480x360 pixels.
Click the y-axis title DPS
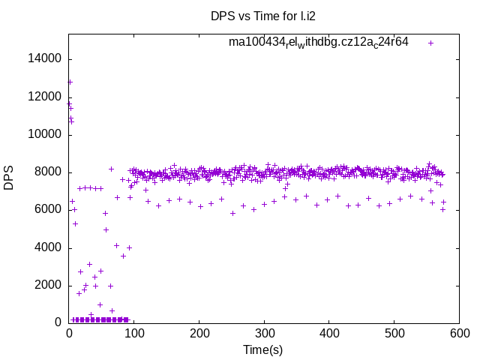pyautogui.click(x=9, y=178)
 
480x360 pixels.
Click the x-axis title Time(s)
pyautogui.click(x=263, y=349)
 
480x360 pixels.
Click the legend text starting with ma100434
pyautogui.click(x=319, y=42)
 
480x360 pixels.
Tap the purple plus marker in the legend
pyautogui.click(x=431, y=43)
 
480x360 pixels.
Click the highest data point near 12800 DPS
pyautogui.click(x=70, y=82)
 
